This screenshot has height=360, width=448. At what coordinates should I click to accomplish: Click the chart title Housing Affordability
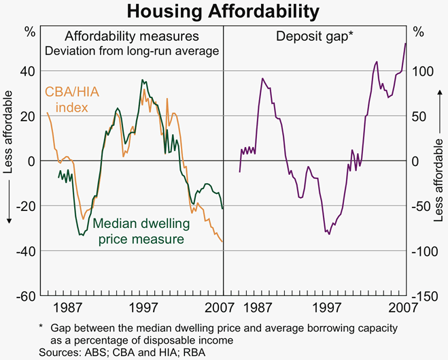pyautogui.click(x=224, y=12)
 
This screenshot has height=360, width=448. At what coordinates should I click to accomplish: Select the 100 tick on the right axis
pyautogui.click(x=422, y=71)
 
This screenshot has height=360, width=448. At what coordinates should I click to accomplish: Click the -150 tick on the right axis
pyautogui.click(x=424, y=296)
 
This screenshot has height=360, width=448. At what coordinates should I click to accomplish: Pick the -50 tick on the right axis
pyautogui.click(x=424, y=206)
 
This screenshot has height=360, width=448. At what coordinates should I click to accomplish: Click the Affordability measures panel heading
pyautogui.click(x=132, y=35)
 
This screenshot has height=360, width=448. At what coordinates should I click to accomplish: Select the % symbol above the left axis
pyautogui.click(x=30, y=32)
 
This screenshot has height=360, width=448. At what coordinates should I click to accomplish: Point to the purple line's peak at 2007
pyautogui.click(x=406, y=44)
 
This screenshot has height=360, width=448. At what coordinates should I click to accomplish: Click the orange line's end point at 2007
pyautogui.click(x=222, y=242)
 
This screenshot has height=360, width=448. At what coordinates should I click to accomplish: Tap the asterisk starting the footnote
pyautogui.click(x=41, y=328)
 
